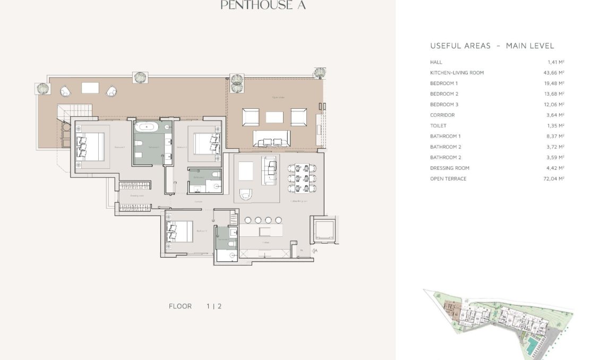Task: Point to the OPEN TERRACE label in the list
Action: click(448, 179)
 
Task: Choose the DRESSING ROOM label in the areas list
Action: click(450, 168)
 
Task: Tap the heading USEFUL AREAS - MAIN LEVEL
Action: click(492, 46)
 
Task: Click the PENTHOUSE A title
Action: click(263, 6)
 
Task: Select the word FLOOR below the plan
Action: click(180, 306)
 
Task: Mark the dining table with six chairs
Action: click(299, 178)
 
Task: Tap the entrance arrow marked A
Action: click(314, 251)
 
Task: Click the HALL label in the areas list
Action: click(436, 62)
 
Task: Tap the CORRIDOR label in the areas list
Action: click(442, 115)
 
